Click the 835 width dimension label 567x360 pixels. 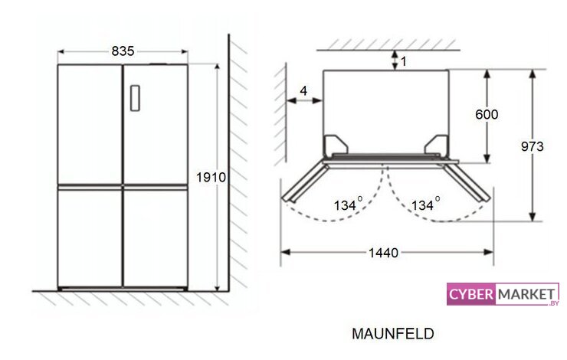pyautogui.click(x=123, y=51)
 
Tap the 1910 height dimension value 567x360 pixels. pyautogui.click(x=211, y=178)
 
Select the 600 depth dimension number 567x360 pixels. pyautogui.click(x=487, y=115)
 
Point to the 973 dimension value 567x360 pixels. pyautogui.click(x=533, y=146)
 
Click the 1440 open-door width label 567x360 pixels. pyautogui.click(x=383, y=253)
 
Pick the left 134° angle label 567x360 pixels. pyautogui.click(x=348, y=205)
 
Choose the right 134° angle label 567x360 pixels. pyautogui.click(x=425, y=205)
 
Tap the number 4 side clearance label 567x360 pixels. pyautogui.click(x=303, y=90)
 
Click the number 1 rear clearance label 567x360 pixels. pyautogui.click(x=404, y=61)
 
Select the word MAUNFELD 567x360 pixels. pyautogui.click(x=393, y=334)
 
